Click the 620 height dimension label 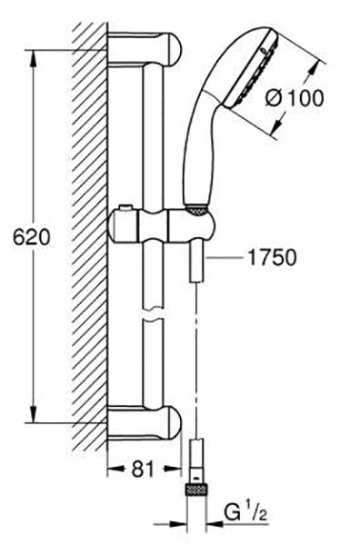pyautogui.click(x=32, y=238)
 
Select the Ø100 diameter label pyautogui.click(x=295, y=98)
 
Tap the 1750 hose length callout pyautogui.click(x=272, y=258)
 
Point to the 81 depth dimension pyautogui.click(x=143, y=470)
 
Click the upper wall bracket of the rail pyautogui.click(x=145, y=49)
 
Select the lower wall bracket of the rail pyautogui.click(x=145, y=422)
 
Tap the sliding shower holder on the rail pyautogui.click(x=161, y=226)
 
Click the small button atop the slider pyautogui.click(x=125, y=208)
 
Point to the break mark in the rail pyautogui.click(x=153, y=313)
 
